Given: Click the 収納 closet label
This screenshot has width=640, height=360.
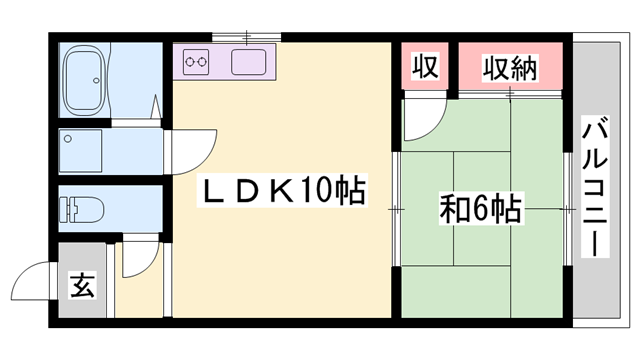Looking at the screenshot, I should (510, 68).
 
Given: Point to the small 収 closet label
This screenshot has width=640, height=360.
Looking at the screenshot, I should (424, 68).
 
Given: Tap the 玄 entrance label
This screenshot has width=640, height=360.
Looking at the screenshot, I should (81, 286).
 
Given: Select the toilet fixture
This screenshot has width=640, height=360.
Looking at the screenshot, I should (79, 210).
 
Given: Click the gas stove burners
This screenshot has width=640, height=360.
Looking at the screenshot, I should (196, 64).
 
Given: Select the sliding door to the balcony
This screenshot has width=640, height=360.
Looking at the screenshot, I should (570, 210).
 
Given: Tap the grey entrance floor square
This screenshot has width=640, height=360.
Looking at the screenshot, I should (81, 286).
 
